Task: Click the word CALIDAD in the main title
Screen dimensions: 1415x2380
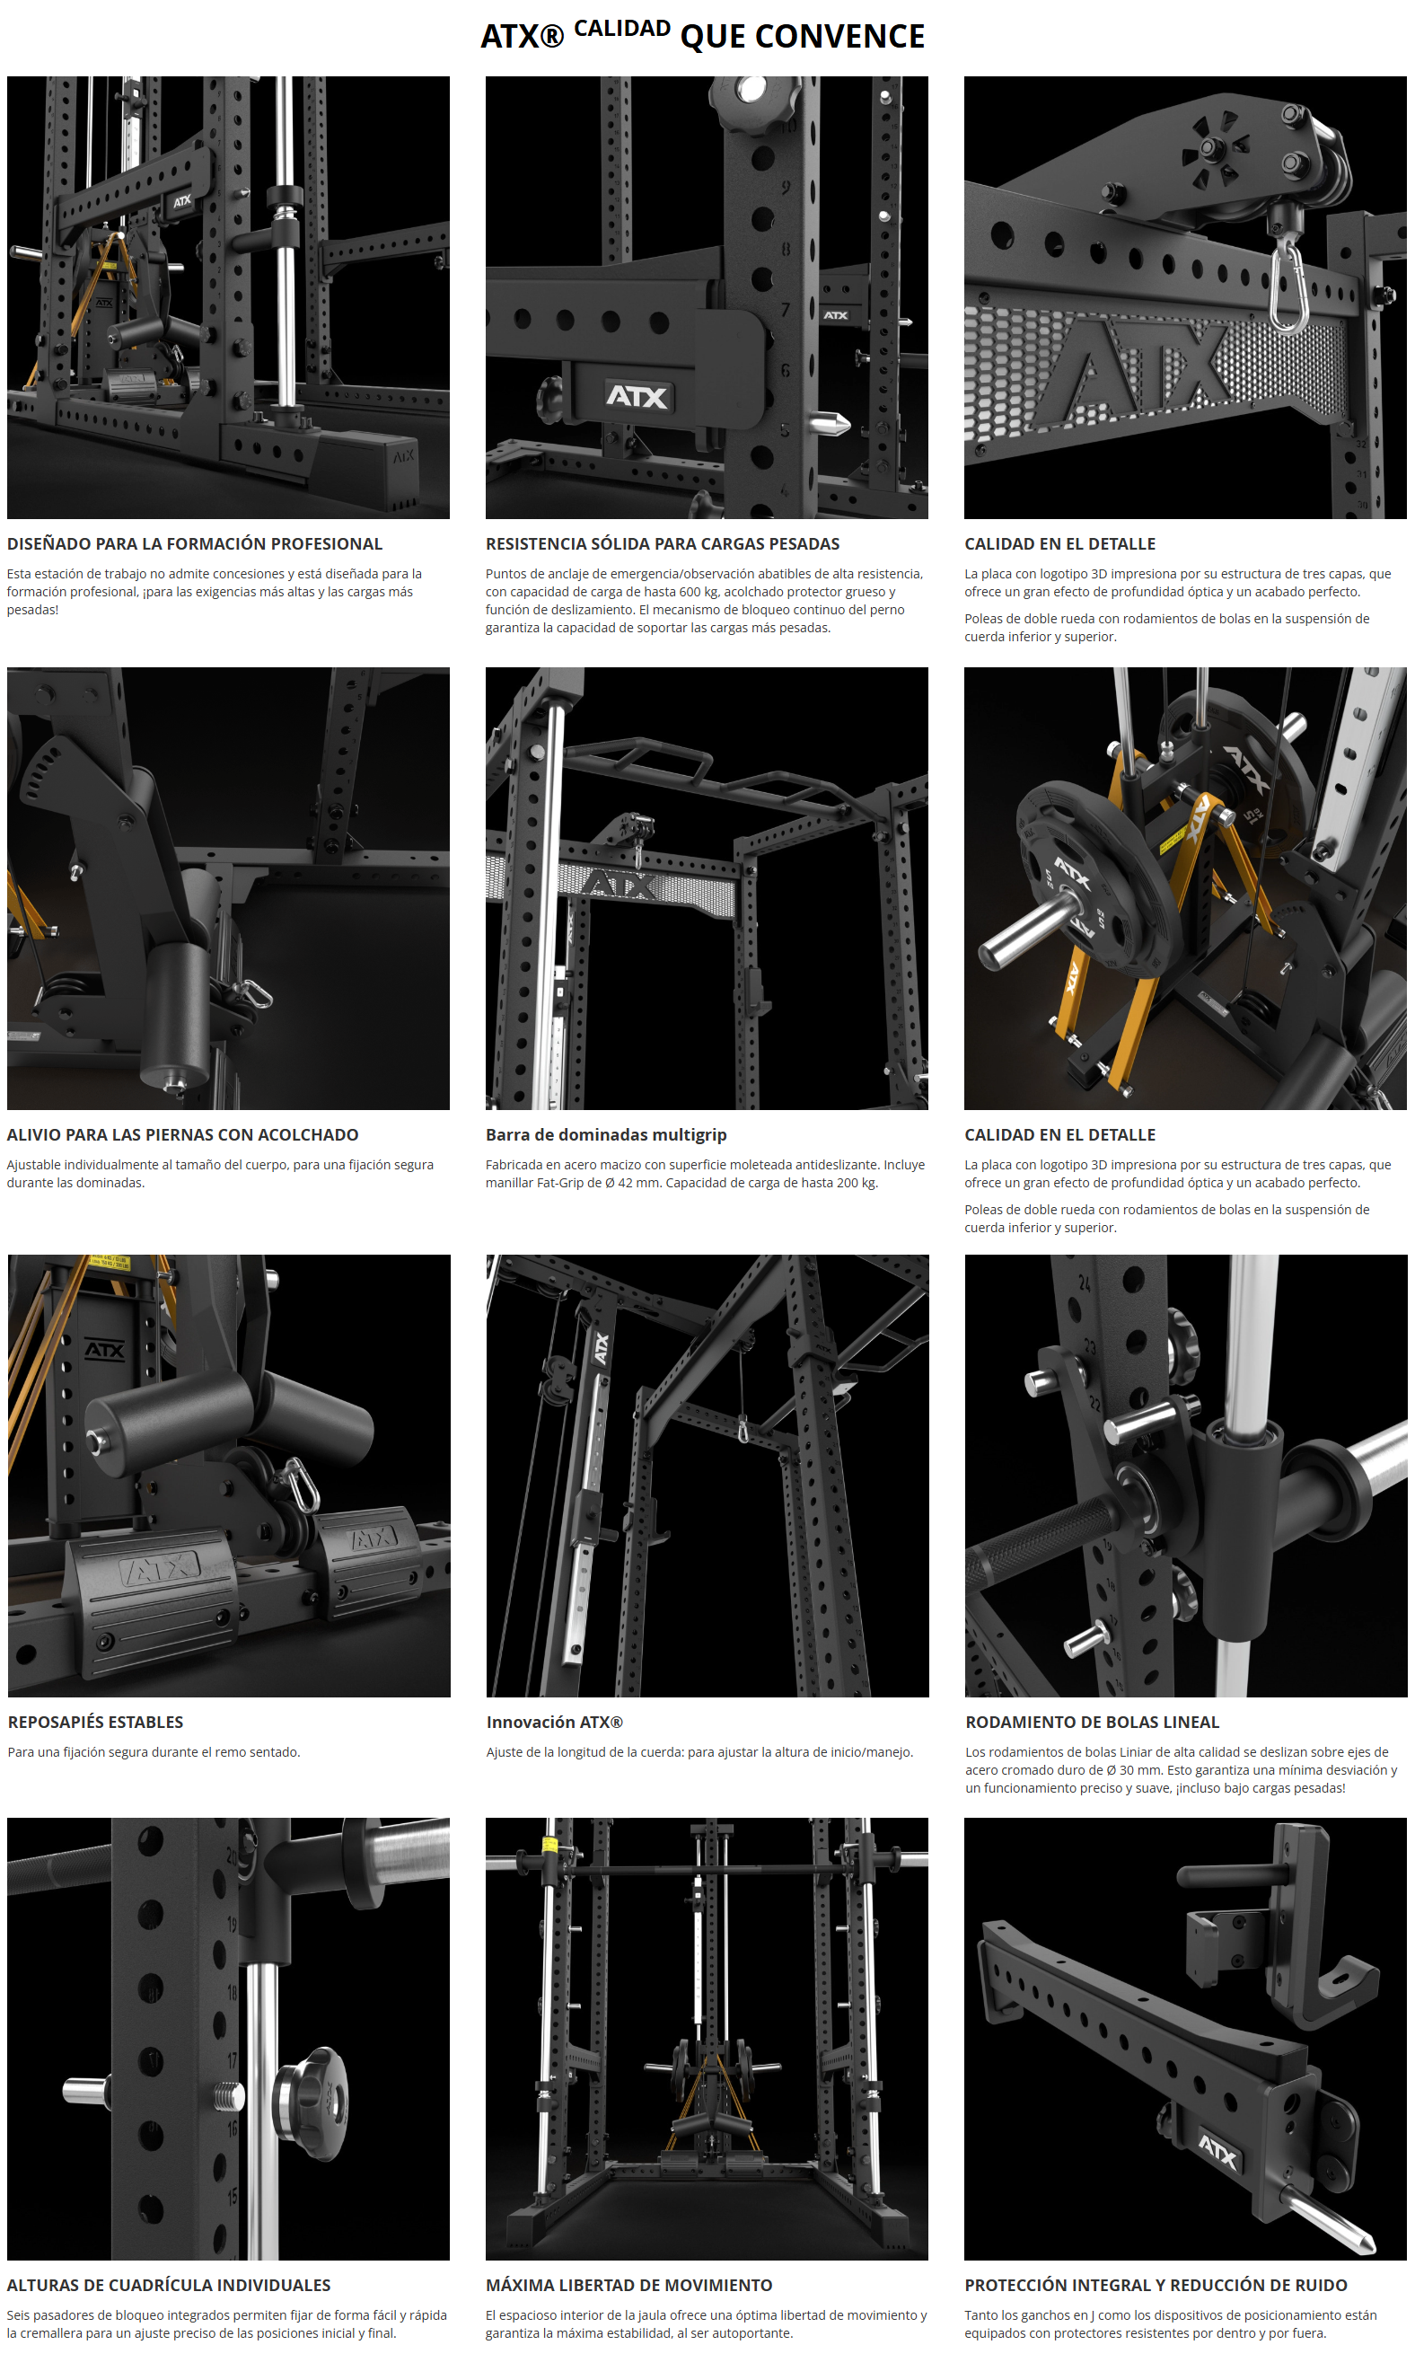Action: coord(621,29)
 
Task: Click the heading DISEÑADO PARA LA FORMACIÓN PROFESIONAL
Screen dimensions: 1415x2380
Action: coord(195,544)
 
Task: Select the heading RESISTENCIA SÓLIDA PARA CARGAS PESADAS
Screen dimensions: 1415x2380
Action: coord(663,544)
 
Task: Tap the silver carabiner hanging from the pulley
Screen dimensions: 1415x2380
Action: coord(1287,286)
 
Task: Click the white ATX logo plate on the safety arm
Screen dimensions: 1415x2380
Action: coord(637,396)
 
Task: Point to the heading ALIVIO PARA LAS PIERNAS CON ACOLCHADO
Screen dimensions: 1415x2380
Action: coord(183,1135)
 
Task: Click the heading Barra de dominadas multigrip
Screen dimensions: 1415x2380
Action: coord(606,1135)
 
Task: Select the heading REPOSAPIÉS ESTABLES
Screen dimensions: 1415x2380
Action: coord(95,1723)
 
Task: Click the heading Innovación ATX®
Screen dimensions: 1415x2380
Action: coord(555,1723)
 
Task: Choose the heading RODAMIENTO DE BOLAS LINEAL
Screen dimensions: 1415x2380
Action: coord(1093,1723)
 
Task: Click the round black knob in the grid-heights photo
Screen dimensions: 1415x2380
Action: coord(311,2102)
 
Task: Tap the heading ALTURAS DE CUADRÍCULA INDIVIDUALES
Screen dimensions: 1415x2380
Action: coord(169,2286)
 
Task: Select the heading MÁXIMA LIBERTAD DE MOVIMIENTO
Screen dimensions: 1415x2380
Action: coord(629,2286)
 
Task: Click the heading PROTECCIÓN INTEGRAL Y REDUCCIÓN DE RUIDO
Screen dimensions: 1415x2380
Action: coord(1156,2286)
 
